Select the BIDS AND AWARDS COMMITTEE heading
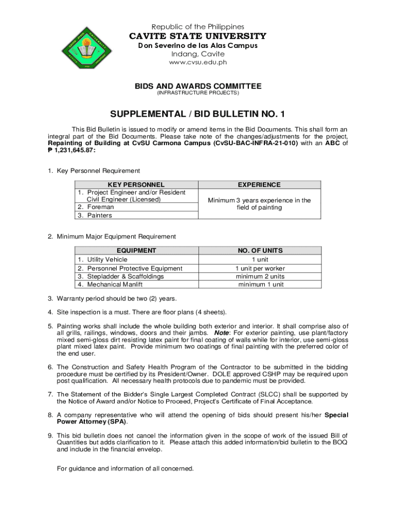(198, 86)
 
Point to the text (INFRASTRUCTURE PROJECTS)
(198, 93)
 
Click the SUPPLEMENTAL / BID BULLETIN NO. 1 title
(198, 114)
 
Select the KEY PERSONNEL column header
(136, 184)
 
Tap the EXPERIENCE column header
(259, 184)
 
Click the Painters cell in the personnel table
(99, 216)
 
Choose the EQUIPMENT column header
(136, 251)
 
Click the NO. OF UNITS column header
(260, 251)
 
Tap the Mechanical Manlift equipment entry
(115, 284)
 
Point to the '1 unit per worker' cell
(260, 268)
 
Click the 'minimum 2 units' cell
(260, 276)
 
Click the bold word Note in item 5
(222, 332)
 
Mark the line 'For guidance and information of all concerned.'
(125, 468)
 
